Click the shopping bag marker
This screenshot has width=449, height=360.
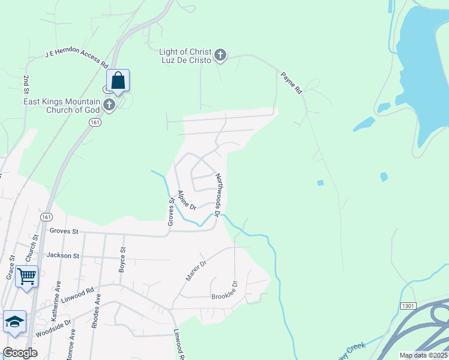[118, 81]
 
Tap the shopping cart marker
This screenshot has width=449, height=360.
[26, 277]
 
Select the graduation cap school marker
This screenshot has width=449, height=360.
[14, 322]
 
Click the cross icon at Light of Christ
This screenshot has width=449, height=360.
[220, 56]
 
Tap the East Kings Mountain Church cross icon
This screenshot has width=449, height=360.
[109, 105]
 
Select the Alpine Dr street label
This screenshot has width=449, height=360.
[187, 200]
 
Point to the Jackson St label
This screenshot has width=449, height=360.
[63, 256]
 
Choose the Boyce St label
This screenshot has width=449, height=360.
[123, 260]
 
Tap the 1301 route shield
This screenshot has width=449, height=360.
[408, 306]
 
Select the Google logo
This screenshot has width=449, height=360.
[20, 353]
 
